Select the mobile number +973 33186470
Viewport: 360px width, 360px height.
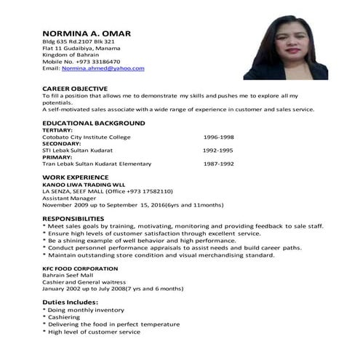point(100,62)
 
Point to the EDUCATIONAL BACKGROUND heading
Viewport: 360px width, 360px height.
point(93,123)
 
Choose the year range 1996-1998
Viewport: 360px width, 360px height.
point(218,137)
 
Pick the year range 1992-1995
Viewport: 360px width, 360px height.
point(217,151)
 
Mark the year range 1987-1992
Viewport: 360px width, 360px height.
point(218,164)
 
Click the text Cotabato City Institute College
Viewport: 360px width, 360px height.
point(86,137)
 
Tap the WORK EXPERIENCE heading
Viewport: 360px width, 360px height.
point(76,177)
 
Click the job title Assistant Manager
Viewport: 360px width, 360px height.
point(68,198)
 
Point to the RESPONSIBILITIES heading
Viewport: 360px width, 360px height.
point(78,218)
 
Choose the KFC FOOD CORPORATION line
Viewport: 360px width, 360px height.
point(76,267)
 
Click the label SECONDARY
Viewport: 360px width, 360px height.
point(61,143)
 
